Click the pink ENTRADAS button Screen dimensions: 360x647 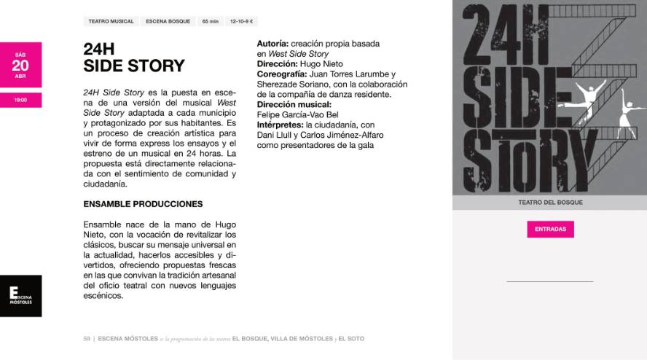(550, 229)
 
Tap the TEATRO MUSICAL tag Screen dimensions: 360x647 (111, 22)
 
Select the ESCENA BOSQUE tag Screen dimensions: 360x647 (168, 22)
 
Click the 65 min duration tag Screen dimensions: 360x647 (210, 22)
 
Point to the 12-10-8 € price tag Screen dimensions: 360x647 (241, 22)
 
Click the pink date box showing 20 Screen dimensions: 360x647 (20, 64)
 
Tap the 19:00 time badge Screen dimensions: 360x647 (20, 100)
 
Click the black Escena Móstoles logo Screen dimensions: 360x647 (20, 296)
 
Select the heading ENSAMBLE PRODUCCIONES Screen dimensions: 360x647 (143, 204)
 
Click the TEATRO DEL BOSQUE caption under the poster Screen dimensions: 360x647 (550, 203)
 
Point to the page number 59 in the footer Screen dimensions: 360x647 (86, 339)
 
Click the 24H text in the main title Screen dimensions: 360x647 (99, 50)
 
